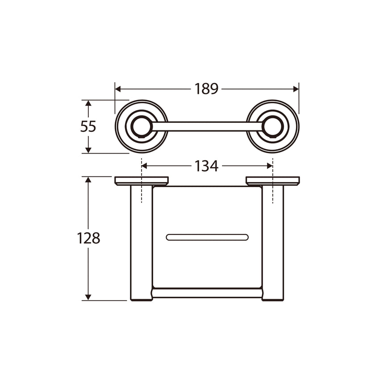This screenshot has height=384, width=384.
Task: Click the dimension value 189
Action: [206, 89]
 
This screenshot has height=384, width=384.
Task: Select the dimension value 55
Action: [88, 127]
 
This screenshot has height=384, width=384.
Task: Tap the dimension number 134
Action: [206, 166]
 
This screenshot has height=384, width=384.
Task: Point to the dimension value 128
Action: [88, 238]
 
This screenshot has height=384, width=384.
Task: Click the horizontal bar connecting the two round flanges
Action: [207, 126]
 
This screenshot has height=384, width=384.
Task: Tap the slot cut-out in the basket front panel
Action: [207, 237]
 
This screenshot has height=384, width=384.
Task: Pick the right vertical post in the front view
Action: [273, 243]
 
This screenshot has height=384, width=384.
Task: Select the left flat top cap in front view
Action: [141, 181]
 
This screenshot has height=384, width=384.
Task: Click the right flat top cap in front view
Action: [273, 181]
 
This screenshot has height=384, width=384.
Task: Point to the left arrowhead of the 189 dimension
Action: [118, 89]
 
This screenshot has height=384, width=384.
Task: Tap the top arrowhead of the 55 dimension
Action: [88, 103]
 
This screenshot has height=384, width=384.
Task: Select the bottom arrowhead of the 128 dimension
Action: [88, 297]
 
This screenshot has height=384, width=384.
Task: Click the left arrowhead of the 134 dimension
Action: [144, 166]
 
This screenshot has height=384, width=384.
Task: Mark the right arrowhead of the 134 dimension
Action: [270, 166]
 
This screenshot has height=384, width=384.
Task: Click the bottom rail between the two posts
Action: [207, 293]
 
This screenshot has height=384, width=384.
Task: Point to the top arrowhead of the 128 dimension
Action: [88, 179]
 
